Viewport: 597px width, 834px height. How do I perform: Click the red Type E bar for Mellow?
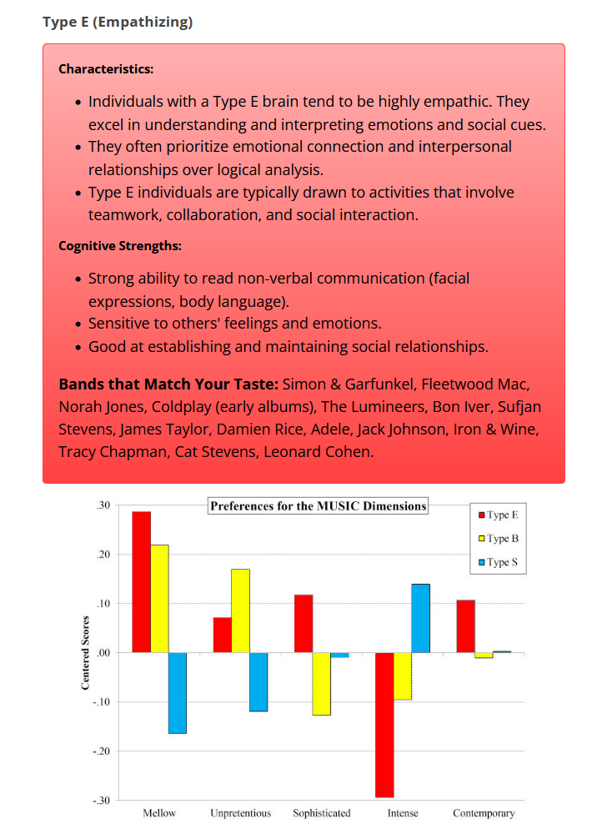(141, 581)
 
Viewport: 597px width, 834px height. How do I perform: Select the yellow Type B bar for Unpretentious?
(240, 610)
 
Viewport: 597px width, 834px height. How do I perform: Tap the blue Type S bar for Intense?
(420, 618)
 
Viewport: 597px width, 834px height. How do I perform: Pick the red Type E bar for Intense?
(384, 725)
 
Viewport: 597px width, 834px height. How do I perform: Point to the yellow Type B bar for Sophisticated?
(321, 684)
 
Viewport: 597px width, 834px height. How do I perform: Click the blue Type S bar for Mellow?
(177, 693)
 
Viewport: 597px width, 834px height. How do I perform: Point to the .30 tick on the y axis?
(103, 505)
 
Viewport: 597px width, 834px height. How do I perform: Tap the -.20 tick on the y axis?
(101, 751)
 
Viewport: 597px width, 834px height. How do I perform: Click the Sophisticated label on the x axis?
(322, 813)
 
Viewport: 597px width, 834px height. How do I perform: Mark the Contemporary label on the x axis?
(484, 813)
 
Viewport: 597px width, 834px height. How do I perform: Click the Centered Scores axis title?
(85, 653)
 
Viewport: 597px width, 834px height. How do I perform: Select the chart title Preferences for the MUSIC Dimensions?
(318, 505)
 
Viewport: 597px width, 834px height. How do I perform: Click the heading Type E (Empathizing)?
(118, 22)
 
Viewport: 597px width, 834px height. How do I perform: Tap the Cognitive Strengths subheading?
(120, 246)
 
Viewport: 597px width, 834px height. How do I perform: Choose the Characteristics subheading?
(106, 68)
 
